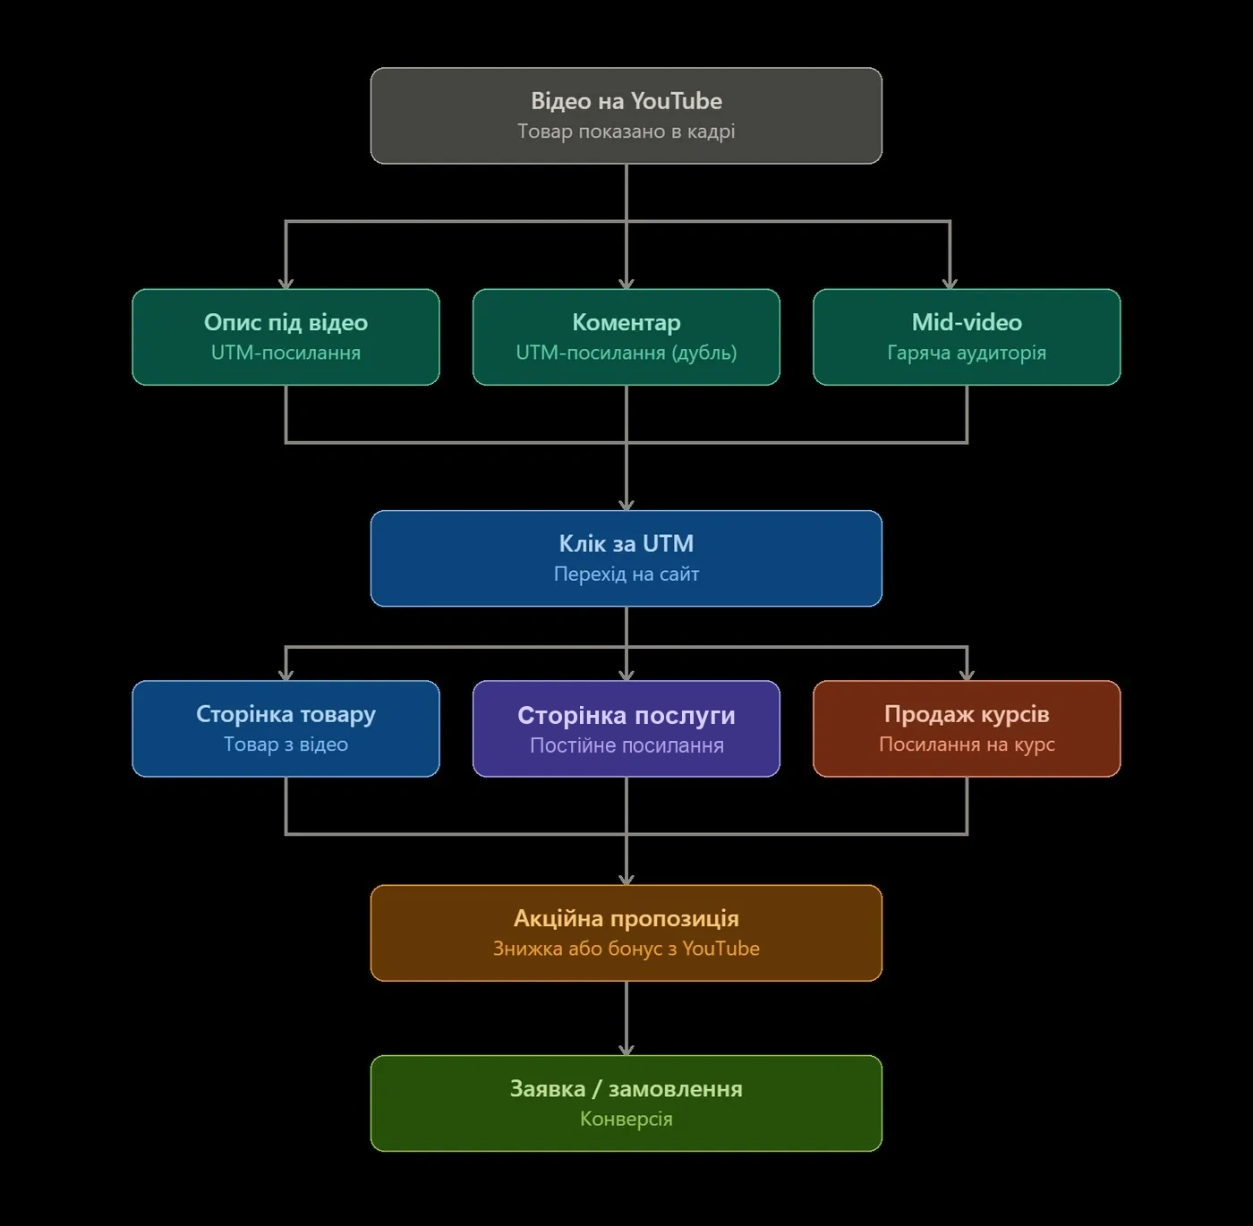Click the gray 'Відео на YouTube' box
point(626,116)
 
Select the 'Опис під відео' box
point(286,336)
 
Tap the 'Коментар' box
point(626,336)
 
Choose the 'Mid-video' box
point(967,336)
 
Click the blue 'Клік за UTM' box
point(626,558)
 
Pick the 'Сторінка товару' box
point(286,728)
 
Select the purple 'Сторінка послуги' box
point(626,728)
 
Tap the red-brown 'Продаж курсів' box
point(967,728)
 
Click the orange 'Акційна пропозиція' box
point(626,933)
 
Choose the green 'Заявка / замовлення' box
point(626,1103)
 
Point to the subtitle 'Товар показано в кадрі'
point(626,132)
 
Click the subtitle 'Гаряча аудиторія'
point(967,353)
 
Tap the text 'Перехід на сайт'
point(626,574)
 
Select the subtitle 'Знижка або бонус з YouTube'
point(626,949)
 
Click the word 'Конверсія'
point(626,1120)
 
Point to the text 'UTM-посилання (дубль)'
point(626,353)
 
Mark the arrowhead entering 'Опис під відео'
point(286,284)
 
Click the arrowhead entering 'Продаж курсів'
point(967,676)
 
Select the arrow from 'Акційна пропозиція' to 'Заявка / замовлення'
point(626,1018)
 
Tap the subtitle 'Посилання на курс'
point(967,745)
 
